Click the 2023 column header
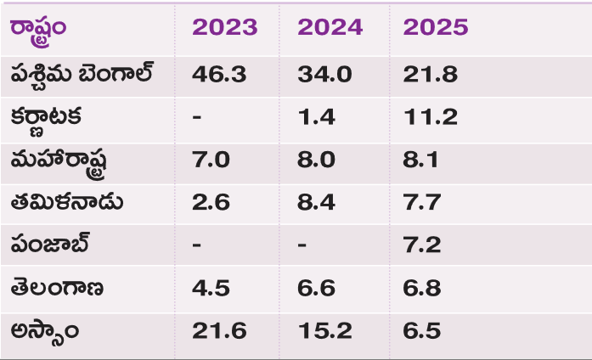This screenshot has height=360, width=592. click(x=224, y=27)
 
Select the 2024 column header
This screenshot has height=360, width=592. click(x=330, y=27)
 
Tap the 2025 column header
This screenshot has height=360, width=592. click(x=436, y=27)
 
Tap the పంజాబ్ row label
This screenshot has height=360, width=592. click(x=51, y=245)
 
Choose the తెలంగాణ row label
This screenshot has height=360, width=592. click(x=58, y=288)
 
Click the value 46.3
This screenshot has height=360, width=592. click(x=219, y=74)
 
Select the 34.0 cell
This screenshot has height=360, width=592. click(x=324, y=74)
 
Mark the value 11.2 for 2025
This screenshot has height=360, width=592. click(x=429, y=116)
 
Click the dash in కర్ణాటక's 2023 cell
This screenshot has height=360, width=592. click(x=196, y=117)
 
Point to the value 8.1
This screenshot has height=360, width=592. click(x=421, y=160)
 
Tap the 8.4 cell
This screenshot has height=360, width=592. click(x=316, y=202)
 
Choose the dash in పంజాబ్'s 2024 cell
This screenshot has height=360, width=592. click(x=302, y=245)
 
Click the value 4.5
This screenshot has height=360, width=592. click(x=211, y=288)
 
